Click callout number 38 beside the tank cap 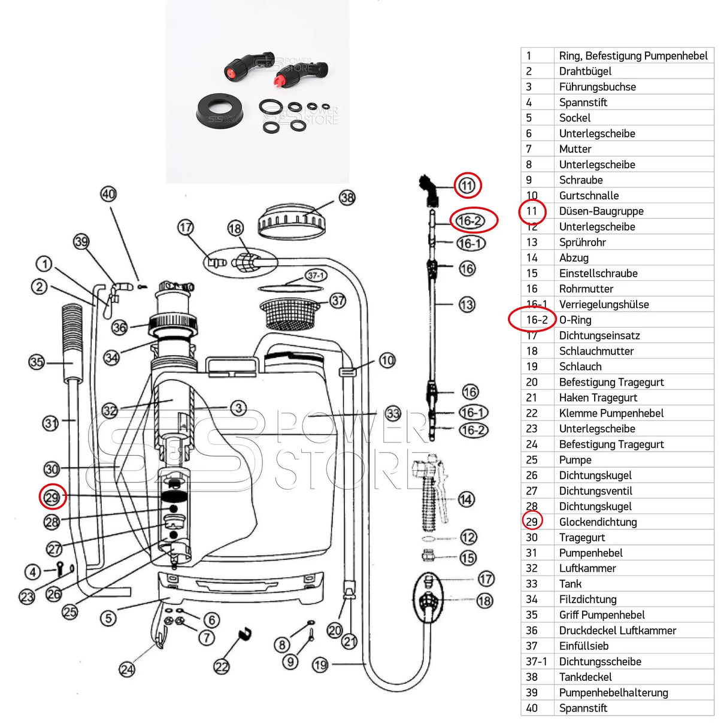pyautogui.click(x=347, y=197)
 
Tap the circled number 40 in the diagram pyautogui.click(x=108, y=194)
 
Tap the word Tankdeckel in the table pyautogui.click(x=585, y=677)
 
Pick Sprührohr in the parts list pyautogui.click(x=582, y=242)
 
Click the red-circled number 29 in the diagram pyautogui.click(x=52, y=497)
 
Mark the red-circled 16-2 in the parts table pyautogui.click(x=537, y=320)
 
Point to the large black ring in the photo pyautogui.click(x=220, y=110)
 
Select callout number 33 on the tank pyautogui.click(x=393, y=413)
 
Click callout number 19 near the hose pyautogui.click(x=320, y=664)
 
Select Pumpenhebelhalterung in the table pyautogui.click(x=613, y=692)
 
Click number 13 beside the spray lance pyautogui.click(x=467, y=305)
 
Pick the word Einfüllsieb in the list pyautogui.click(x=583, y=646)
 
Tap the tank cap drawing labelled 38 pyautogui.click(x=290, y=222)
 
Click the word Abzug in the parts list pyautogui.click(x=574, y=258)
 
